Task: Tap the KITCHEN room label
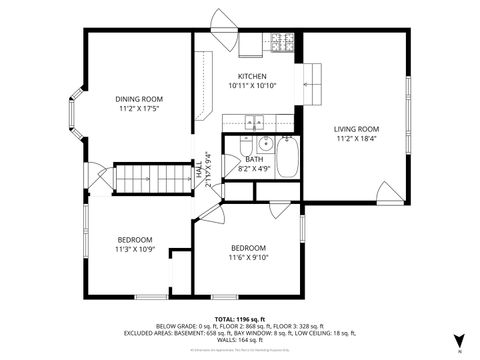pos(251,76)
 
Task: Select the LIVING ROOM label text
pos(356,129)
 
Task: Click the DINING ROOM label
pos(139,99)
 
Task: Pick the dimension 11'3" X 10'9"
pos(135,249)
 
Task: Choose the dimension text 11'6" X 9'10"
pos(248,258)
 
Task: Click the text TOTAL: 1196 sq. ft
pos(239,315)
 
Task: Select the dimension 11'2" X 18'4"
pos(356,138)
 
